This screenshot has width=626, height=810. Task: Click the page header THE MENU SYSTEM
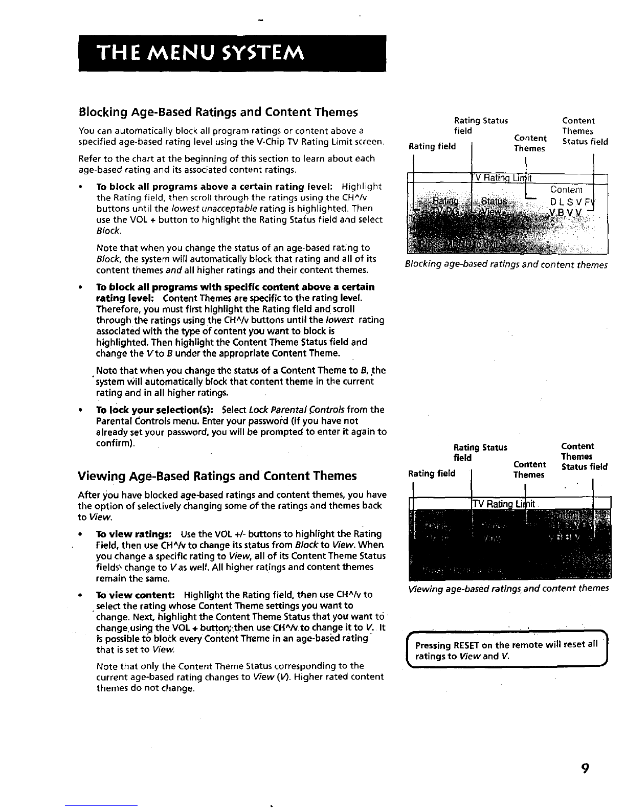coord(201,53)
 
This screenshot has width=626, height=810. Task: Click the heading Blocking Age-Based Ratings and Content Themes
coord(218,112)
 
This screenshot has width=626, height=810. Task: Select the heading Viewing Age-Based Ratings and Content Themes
coord(217,476)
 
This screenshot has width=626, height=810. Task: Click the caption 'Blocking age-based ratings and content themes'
coord(506,265)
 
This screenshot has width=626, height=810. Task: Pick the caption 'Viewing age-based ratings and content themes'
coord(508,588)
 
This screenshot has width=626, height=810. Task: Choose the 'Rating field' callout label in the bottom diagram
coord(432,473)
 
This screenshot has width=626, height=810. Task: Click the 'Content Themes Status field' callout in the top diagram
coord(585,131)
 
